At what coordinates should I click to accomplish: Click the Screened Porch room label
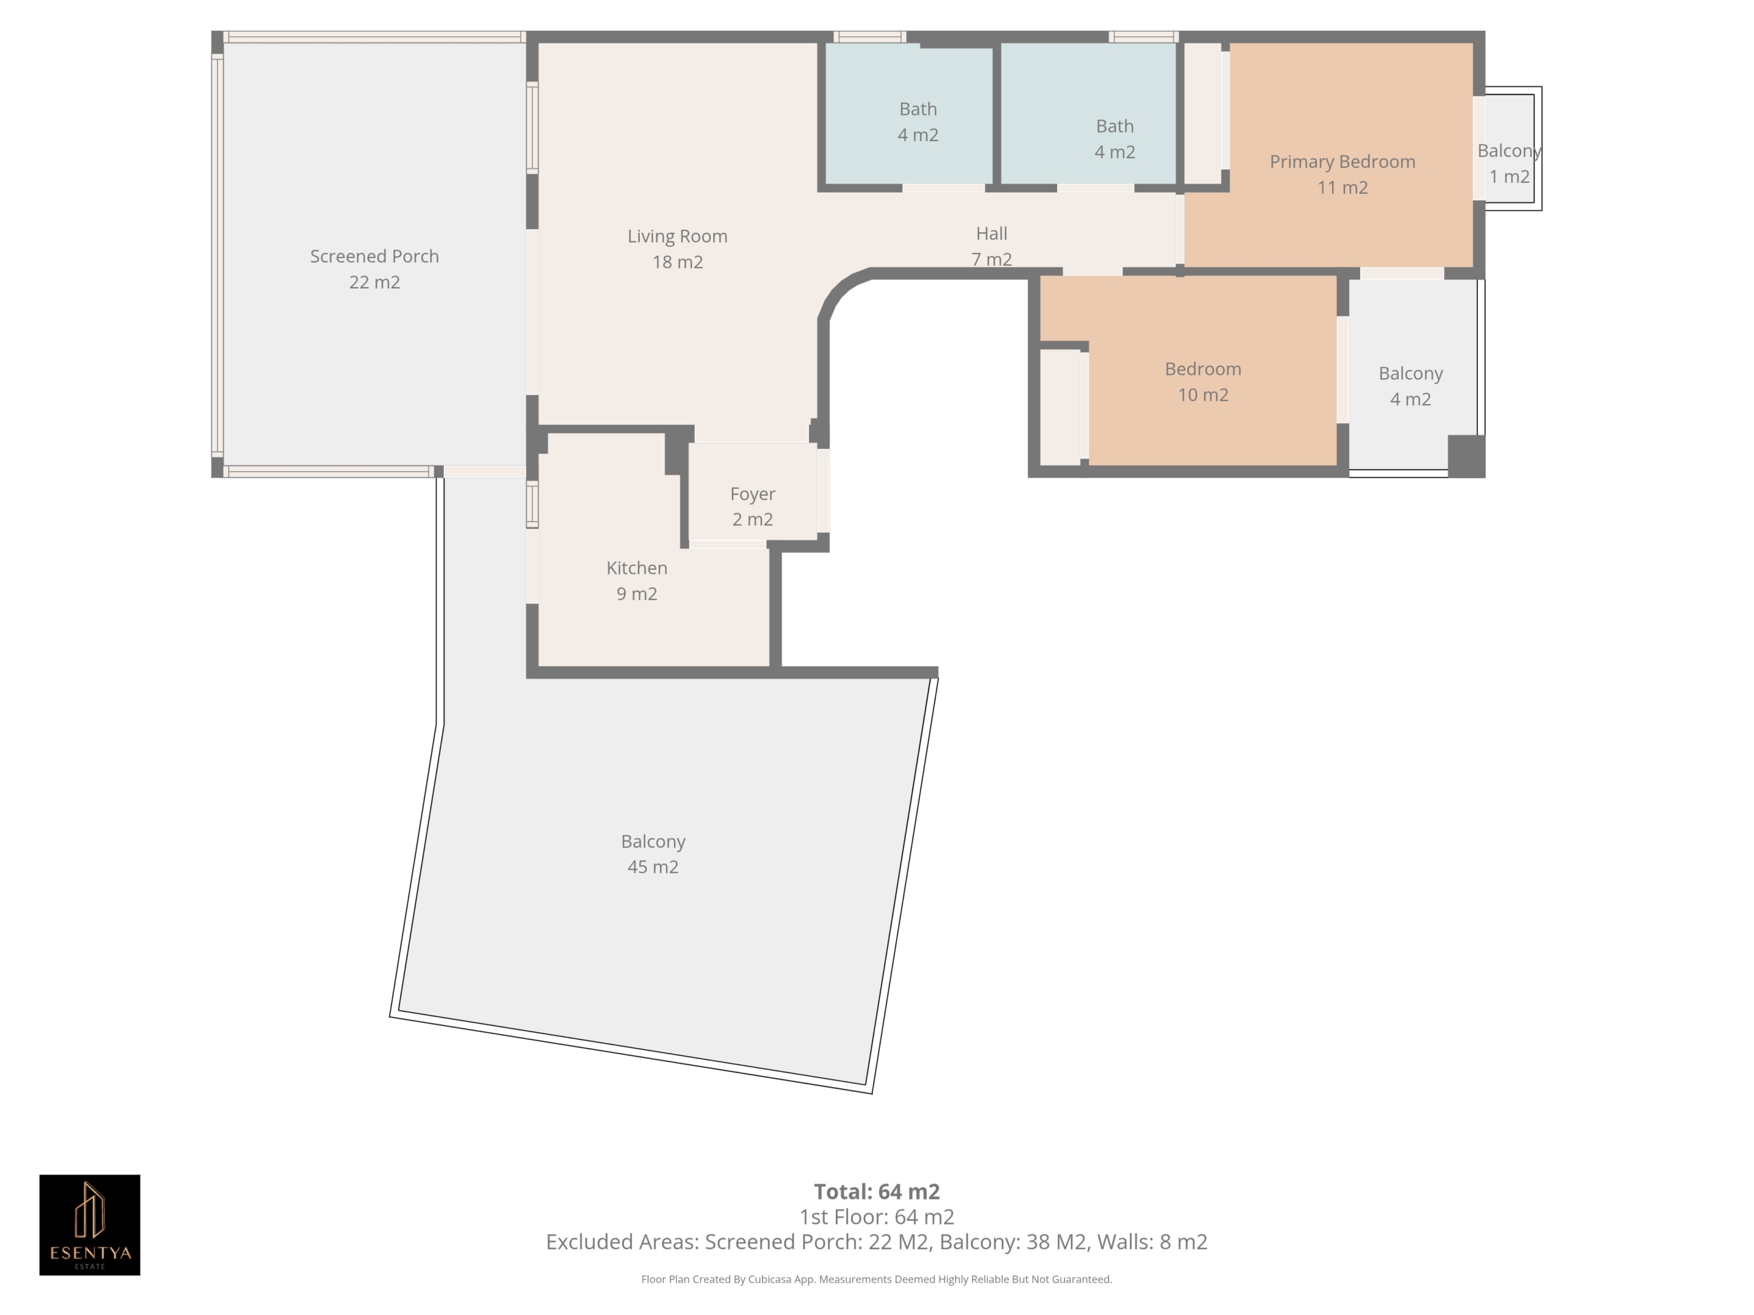click(374, 256)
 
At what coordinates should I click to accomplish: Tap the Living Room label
click(677, 236)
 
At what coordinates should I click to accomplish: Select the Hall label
click(991, 233)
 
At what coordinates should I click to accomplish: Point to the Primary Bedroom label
click(1342, 162)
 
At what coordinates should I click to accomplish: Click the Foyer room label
click(752, 494)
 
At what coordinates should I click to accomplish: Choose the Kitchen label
click(637, 568)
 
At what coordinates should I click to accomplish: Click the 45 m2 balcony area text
click(652, 866)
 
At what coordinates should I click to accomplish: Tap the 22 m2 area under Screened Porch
click(374, 282)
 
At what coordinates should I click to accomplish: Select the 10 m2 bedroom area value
click(1203, 394)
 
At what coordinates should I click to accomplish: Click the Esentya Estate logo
click(90, 1225)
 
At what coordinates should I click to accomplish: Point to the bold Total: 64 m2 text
click(876, 1191)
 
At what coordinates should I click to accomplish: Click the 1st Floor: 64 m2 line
click(876, 1216)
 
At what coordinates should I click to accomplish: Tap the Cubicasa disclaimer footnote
click(876, 1279)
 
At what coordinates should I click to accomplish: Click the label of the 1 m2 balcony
click(1509, 151)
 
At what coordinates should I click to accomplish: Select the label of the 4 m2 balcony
click(1410, 373)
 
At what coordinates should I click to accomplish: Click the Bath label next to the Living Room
click(917, 109)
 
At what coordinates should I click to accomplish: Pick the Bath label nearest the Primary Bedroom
click(1114, 126)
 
